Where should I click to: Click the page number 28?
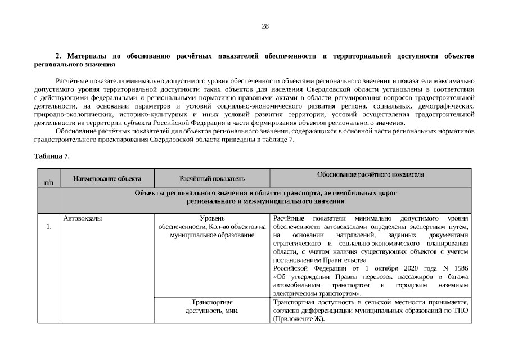[265, 26]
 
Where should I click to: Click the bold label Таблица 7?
[52, 156]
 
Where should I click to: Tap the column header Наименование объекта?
[107, 178]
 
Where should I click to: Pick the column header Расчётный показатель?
[212, 178]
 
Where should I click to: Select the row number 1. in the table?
[48, 227]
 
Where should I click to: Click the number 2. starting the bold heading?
[57, 56]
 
